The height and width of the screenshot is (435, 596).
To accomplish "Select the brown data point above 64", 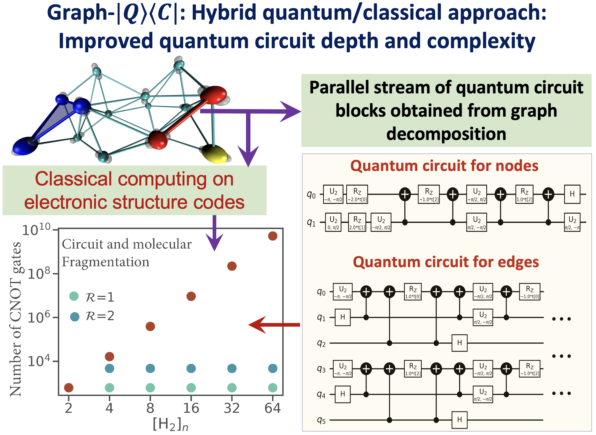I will point(273,236).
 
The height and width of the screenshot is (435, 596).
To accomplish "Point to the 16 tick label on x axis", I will point(191,408).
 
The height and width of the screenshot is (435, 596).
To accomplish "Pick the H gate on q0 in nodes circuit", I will point(572,194).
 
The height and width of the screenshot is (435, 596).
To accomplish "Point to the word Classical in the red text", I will point(74,179).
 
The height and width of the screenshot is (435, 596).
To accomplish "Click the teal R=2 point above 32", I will point(232,369).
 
